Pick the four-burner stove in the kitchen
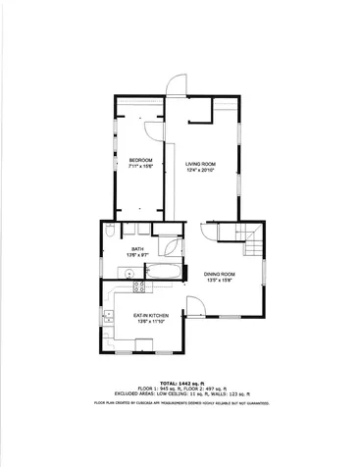(x=139, y=287)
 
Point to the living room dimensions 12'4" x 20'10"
(x=200, y=170)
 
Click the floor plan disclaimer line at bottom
(x=180, y=403)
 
